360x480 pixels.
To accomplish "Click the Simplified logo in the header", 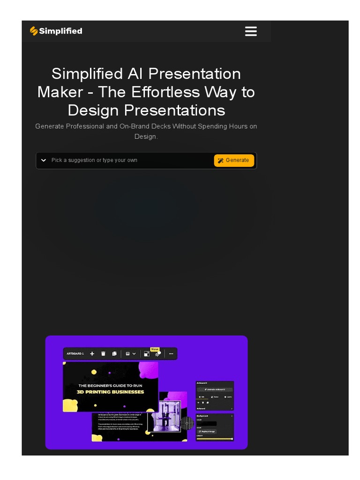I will (x=56, y=31).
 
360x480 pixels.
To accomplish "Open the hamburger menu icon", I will (x=251, y=31).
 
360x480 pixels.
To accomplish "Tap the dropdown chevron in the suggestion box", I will (x=44, y=160).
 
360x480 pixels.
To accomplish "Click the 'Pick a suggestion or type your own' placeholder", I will (x=94, y=160).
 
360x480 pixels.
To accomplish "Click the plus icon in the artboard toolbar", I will (x=92, y=354).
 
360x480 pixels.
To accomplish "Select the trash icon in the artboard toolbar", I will (x=103, y=354).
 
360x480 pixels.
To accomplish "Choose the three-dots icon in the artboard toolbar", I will (x=171, y=354).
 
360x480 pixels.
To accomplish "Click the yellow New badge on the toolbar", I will (x=155, y=349).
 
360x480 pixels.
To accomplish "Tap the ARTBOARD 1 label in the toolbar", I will (x=75, y=354).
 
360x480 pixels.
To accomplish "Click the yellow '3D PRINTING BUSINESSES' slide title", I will (x=111, y=392).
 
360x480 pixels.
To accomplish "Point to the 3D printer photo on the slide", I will (x=164, y=415).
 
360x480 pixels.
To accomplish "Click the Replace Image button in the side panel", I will (x=207, y=431).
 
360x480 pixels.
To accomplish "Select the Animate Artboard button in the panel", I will (x=215, y=390).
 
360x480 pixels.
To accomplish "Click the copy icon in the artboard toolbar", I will (x=114, y=354).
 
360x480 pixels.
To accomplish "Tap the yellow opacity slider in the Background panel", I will (x=214, y=439).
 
